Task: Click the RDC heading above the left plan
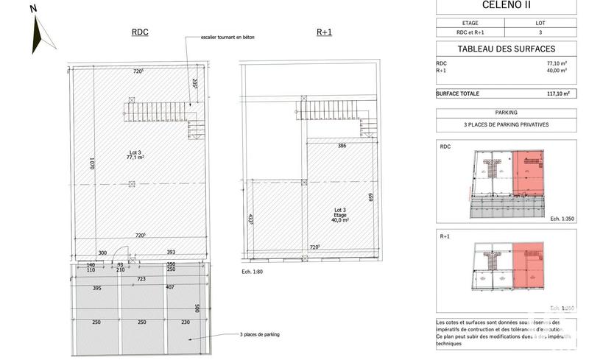140,33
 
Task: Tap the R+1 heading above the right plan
325,33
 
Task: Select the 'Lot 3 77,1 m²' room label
133,155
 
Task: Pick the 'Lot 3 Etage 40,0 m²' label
339,216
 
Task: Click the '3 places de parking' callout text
260,335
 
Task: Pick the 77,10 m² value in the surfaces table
556,64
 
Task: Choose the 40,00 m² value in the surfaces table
556,71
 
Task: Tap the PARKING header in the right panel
506,113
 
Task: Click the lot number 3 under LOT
540,32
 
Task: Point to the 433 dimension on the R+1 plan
252,219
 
